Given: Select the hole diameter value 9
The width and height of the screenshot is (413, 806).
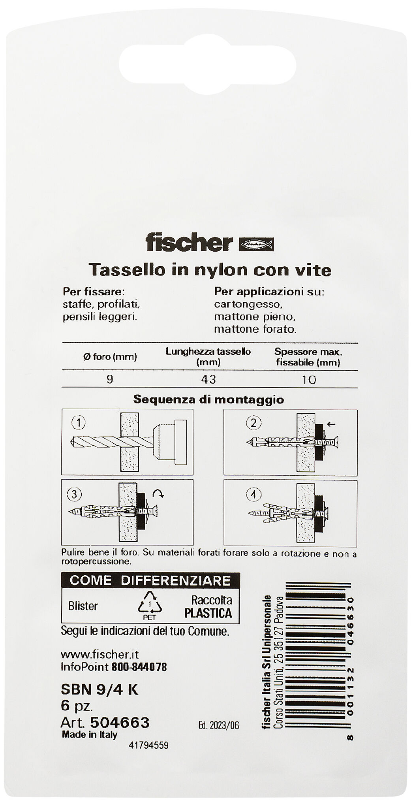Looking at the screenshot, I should coord(110,379).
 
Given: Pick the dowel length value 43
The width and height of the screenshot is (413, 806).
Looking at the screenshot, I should coord(208,379).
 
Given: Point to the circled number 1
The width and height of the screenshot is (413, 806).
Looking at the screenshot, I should coord(78,424).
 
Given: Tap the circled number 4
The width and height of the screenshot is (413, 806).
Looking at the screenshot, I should coord(253,493).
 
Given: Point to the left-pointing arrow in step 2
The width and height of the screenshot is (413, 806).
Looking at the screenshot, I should coord(332,424).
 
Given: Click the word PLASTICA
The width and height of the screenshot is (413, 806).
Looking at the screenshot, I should coord(208,613).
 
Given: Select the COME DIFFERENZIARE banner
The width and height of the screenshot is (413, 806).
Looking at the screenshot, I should coord(150,580).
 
